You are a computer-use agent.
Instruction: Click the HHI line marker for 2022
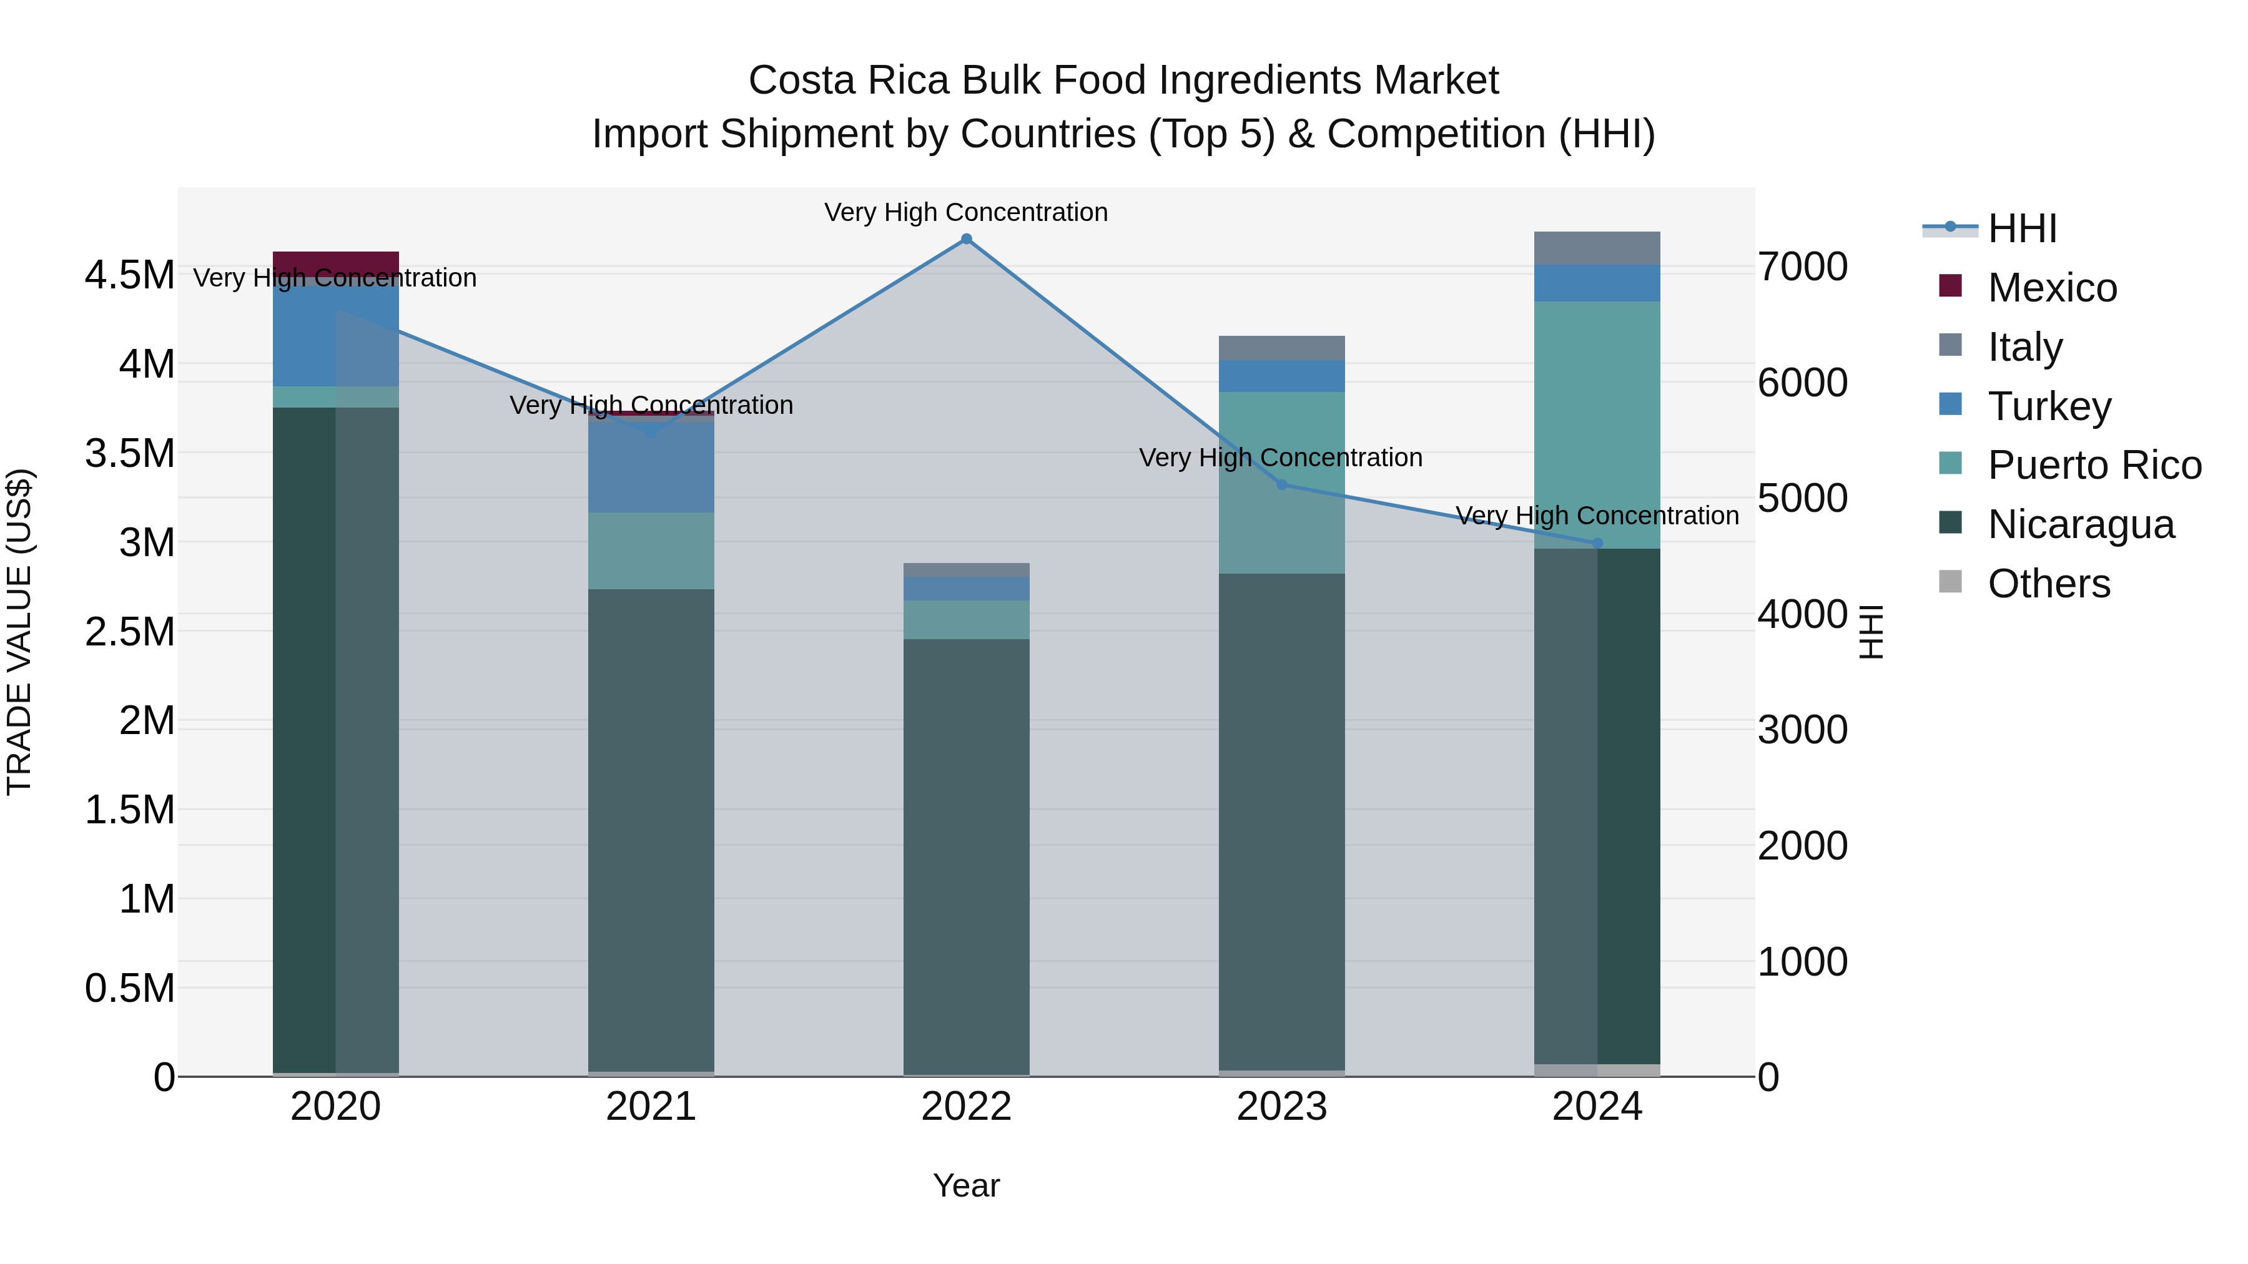tap(966, 239)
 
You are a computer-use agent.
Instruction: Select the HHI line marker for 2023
tap(1282, 485)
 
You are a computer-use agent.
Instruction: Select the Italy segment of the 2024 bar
tap(1597, 248)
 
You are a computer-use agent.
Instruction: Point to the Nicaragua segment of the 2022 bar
tap(966, 855)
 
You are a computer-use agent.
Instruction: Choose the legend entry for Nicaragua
tap(2081, 524)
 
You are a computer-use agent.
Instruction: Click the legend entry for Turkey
tap(2049, 406)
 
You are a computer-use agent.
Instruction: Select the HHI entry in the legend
tap(2022, 228)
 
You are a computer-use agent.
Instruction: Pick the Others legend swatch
tap(1950, 582)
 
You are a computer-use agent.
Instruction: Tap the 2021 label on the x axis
tap(651, 1107)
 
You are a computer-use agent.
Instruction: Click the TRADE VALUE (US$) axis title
tap(19, 632)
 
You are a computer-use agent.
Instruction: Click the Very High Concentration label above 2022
tap(966, 212)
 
